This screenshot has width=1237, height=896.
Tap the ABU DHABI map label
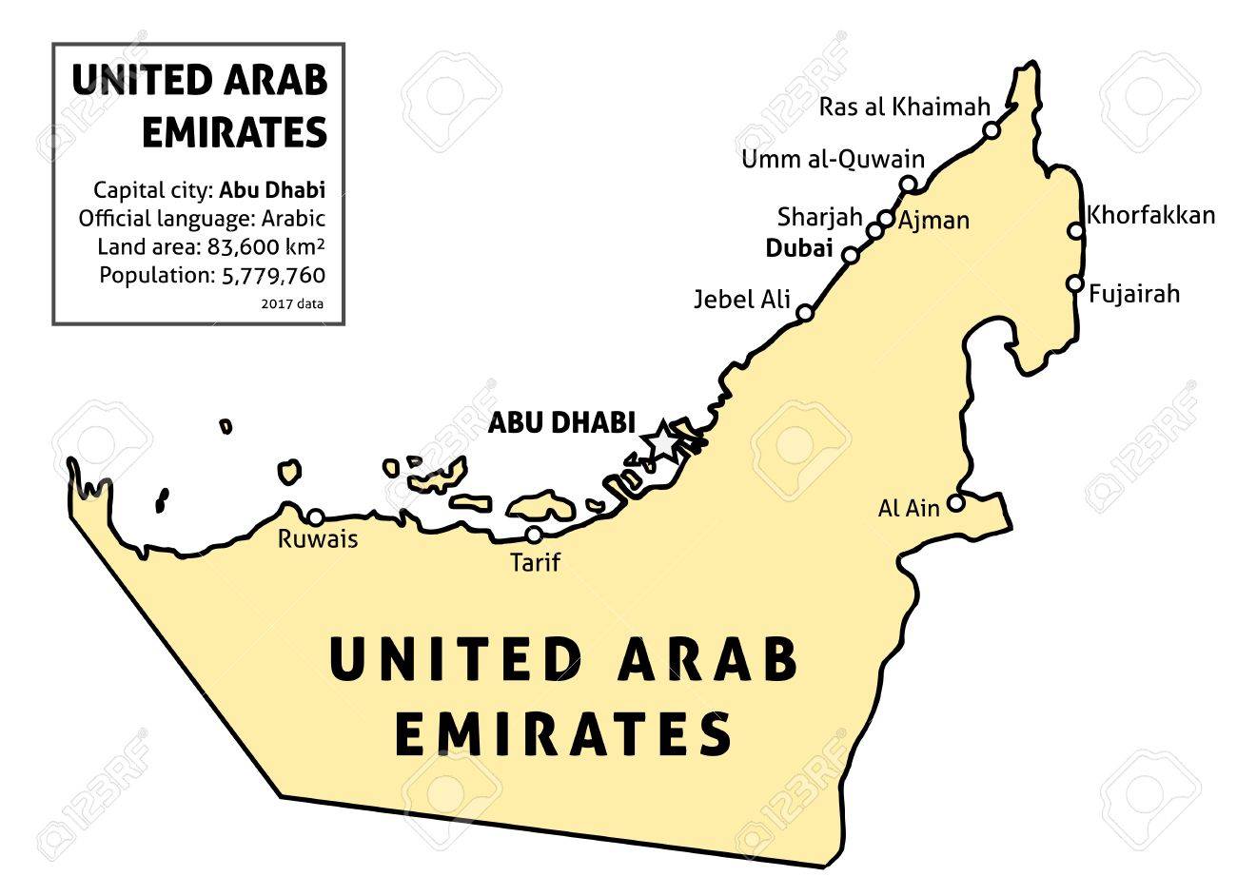coord(560,423)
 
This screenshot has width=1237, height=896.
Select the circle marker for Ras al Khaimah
coord(992,130)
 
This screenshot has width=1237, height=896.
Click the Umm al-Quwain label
coord(833,160)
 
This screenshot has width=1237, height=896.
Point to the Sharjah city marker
coord(874,231)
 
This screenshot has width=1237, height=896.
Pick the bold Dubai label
coord(799,250)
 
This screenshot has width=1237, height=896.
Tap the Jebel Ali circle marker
coord(804,312)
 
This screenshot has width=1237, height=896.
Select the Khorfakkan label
coord(1150,215)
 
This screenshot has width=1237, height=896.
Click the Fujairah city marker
coord(1074,283)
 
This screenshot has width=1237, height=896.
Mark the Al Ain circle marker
coord(956,501)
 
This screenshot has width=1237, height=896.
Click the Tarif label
coord(535,562)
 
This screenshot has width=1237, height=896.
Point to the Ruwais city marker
coord(315,516)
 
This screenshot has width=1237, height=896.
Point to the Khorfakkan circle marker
coord(1075,230)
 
